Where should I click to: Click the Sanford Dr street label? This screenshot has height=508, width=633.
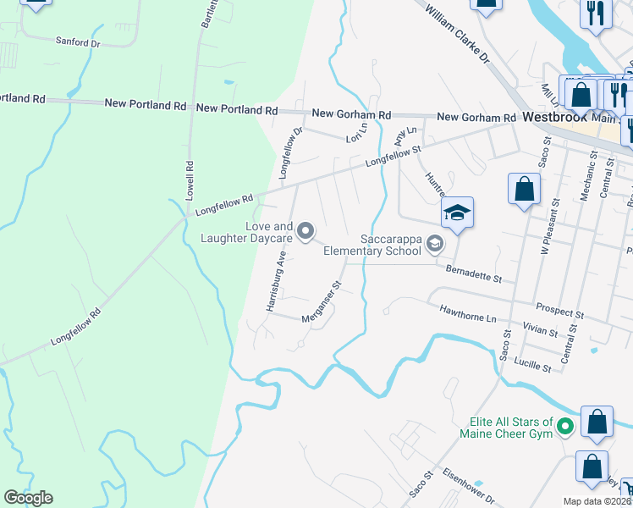click(x=78, y=41)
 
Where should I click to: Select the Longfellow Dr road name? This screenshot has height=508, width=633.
click(x=291, y=152)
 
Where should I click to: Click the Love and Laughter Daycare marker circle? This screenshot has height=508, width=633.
click(x=306, y=230)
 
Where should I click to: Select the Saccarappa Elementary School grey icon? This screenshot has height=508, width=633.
click(x=435, y=244)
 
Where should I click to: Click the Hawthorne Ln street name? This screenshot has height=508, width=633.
click(x=467, y=312)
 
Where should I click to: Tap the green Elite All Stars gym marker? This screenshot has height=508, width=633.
click(x=566, y=428)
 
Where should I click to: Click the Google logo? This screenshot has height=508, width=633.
click(x=28, y=499)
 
